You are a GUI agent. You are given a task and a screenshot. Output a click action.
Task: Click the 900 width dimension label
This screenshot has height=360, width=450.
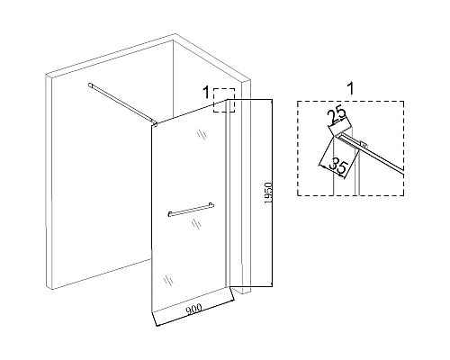[194, 309]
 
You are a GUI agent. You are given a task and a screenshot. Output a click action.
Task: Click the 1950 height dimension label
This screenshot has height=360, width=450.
[268, 193]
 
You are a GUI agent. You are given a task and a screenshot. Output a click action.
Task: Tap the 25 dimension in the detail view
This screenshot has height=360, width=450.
[337, 117]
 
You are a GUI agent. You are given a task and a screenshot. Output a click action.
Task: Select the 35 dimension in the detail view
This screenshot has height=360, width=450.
[338, 168]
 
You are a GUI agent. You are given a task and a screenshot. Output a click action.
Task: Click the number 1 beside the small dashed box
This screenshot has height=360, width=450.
[206, 92]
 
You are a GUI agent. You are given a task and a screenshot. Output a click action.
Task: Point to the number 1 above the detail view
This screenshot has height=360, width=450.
[350, 89]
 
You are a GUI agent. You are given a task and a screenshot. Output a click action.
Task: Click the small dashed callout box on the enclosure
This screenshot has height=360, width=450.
[224, 100]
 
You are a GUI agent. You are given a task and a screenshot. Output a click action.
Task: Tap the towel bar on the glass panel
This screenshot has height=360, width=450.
[191, 210]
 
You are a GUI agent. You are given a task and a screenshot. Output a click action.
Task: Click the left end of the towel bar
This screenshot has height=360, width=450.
[170, 214]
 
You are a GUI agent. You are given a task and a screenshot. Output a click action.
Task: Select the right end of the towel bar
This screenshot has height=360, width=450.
[211, 204]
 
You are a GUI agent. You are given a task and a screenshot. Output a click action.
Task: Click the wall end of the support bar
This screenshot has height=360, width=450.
[90, 85]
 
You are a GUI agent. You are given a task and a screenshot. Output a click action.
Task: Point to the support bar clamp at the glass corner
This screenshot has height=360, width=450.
[155, 123]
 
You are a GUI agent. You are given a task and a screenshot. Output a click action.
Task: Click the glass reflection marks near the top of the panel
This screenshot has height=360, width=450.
[202, 134]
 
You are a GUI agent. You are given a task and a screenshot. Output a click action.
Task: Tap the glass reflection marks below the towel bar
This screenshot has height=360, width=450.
[196, 224]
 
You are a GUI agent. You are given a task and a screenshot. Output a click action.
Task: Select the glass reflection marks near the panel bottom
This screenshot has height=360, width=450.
[168, 280]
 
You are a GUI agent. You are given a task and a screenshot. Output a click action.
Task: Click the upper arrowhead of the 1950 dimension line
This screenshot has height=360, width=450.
[272, 102]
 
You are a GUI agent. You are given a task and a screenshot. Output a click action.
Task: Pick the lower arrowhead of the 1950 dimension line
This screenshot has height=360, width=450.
[272, 283]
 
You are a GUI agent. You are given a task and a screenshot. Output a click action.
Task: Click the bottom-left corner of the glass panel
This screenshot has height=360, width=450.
[152, 312]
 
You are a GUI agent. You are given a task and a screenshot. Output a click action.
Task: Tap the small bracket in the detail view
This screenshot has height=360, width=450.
[364, 144]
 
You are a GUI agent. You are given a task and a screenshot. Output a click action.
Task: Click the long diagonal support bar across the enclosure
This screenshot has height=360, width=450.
[122, 103]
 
